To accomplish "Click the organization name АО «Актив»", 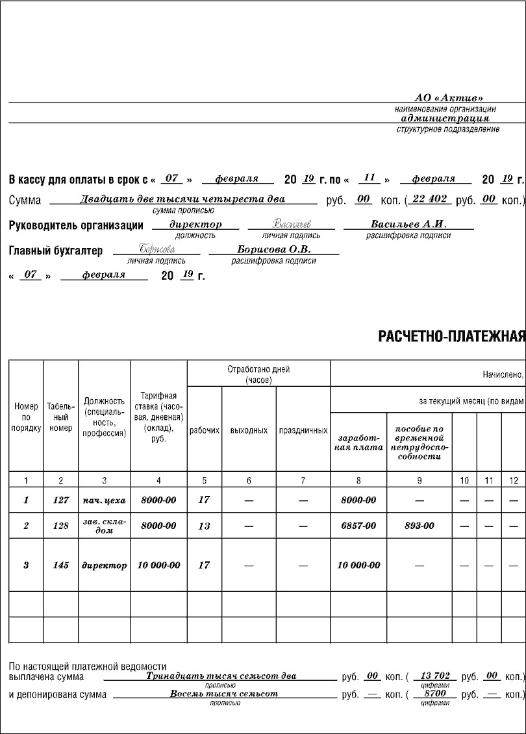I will point(449,97).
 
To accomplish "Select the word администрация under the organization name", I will point(445,119).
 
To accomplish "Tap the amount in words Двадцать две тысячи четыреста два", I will point(182,200).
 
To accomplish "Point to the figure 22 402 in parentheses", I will point(429,199).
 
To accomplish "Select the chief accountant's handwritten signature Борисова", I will point(157,249).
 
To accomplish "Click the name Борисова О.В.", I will point(274,249).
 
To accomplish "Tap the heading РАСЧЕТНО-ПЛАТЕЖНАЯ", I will point(451,336).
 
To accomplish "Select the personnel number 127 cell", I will point(60,500).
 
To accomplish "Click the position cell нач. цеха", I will point(104,500).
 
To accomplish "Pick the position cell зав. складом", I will point(104,526).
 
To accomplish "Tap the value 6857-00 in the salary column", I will point(358,526).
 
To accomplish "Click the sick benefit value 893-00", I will point(420,526).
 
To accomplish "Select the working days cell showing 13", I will point(204,526).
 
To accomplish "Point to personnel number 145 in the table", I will point(60,565).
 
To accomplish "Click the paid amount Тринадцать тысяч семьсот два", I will point(221,676).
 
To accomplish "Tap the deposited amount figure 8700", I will point(432,694).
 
